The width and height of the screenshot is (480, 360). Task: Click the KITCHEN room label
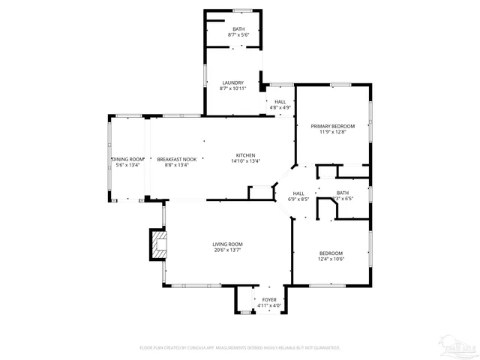245,155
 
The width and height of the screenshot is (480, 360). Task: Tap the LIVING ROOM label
227,244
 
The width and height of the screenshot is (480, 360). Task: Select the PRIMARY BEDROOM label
332,126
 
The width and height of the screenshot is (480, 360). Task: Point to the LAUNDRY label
232,83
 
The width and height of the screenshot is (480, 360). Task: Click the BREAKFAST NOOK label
176,159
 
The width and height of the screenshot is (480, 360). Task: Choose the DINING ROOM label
127,159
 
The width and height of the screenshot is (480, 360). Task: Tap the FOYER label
268,299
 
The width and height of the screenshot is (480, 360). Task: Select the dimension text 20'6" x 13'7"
227,251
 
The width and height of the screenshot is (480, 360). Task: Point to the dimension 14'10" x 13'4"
245,161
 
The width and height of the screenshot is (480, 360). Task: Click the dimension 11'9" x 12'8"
332,133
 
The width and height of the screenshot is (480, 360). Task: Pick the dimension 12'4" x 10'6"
331,259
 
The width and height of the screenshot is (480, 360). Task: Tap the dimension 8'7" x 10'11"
232,89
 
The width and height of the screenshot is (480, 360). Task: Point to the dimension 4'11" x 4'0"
268,305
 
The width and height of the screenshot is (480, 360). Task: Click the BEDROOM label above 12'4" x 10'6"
331,253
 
